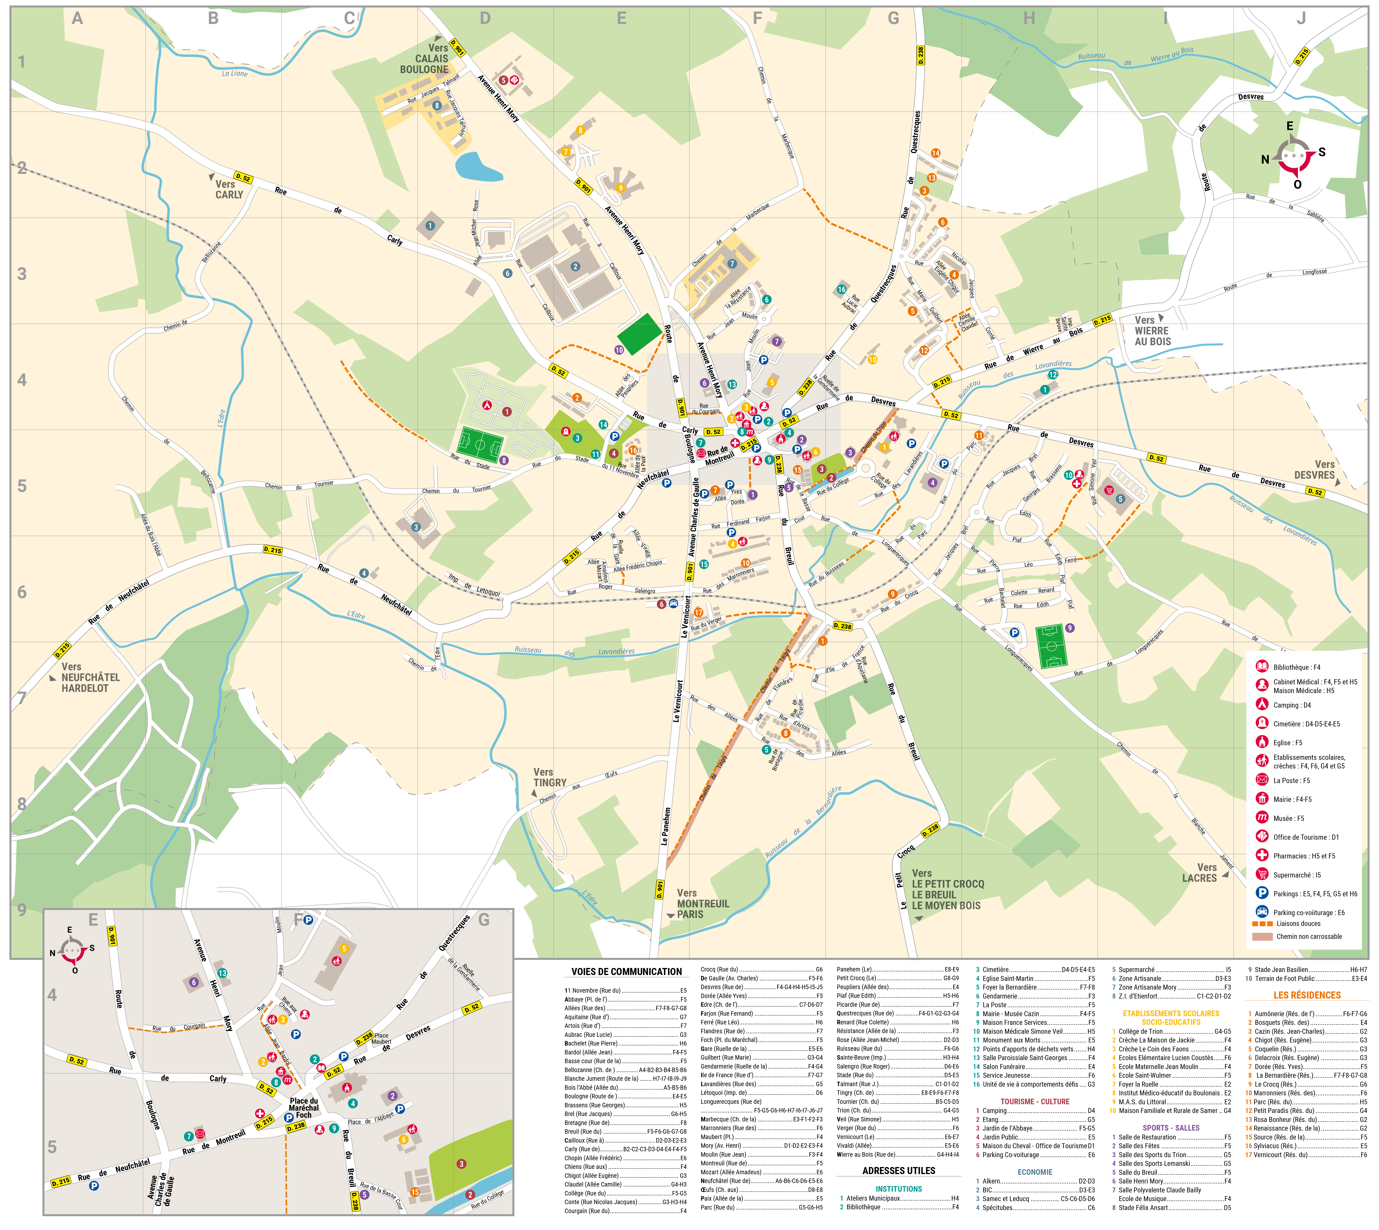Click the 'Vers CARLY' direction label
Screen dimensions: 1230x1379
pos(228,189)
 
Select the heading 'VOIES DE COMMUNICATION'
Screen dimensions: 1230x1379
pos(626,972)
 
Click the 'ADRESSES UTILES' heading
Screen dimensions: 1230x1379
pos(899,1171)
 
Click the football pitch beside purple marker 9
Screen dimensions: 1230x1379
pos(1051,646)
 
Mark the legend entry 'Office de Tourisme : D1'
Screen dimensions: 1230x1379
pos(1305,837)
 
